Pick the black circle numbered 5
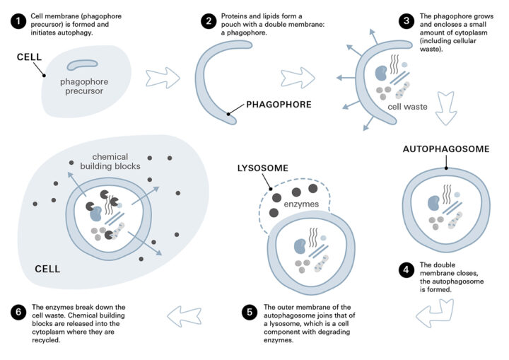pyautogui.click(x=248, y=312)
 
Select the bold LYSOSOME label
pyautogui.click(x=269, y=170)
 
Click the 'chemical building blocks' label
pyautogui.click(x=115, y=162)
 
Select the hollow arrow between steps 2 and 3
pyautogui.click(x=298, y=76)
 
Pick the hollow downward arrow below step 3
pyautogui.click(x=447, y=106)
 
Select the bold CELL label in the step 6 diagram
pyautogui.click(x=47, y=269)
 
